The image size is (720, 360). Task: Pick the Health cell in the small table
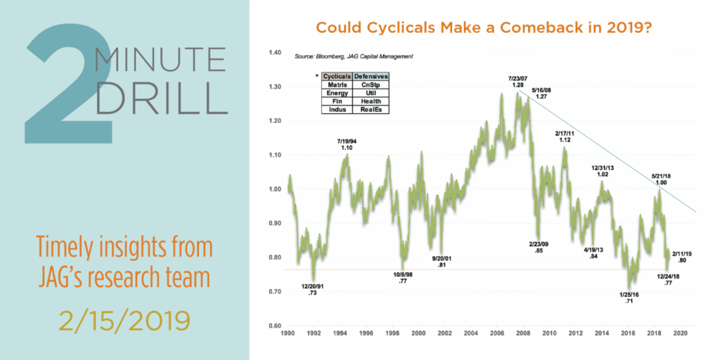click(371, 101)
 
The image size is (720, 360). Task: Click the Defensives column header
click(371, 75)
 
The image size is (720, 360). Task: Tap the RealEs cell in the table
click(371, 109)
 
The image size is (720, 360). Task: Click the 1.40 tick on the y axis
click(274, 53)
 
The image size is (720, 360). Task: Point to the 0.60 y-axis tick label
click(274, 326)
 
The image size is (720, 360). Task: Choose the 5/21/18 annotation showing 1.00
click(660, 179)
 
